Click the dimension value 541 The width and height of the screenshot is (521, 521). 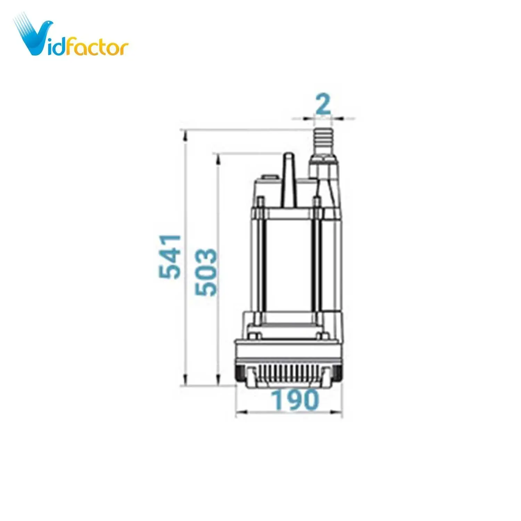tap(170, 257)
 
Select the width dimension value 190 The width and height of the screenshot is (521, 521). tap(295, 400)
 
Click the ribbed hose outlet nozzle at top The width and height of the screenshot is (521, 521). tap(323, 142)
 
